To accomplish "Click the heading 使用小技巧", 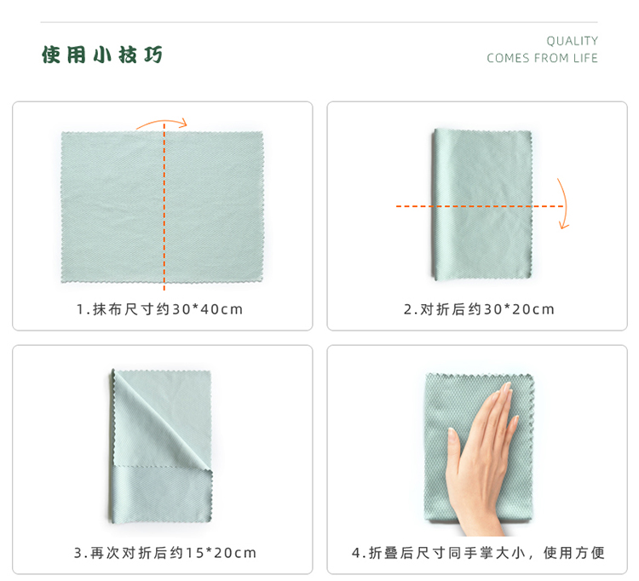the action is (102, 55).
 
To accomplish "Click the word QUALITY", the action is (573, 41).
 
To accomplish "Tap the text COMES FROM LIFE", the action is (542, 58).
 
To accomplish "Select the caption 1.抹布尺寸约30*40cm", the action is (160, 309).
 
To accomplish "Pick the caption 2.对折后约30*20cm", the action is (479, 309).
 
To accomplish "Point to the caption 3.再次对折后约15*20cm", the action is (165, 553).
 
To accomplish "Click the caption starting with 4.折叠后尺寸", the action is (478, 553).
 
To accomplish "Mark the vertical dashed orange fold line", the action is (164, 207).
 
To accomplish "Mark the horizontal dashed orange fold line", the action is (480, 206).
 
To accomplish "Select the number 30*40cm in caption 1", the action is (207, 309).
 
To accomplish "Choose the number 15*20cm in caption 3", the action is (221, 553).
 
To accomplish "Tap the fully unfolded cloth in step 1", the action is (162, 207).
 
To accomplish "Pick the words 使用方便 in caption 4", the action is (573, 553).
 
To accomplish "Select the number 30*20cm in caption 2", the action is (519, 309).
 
